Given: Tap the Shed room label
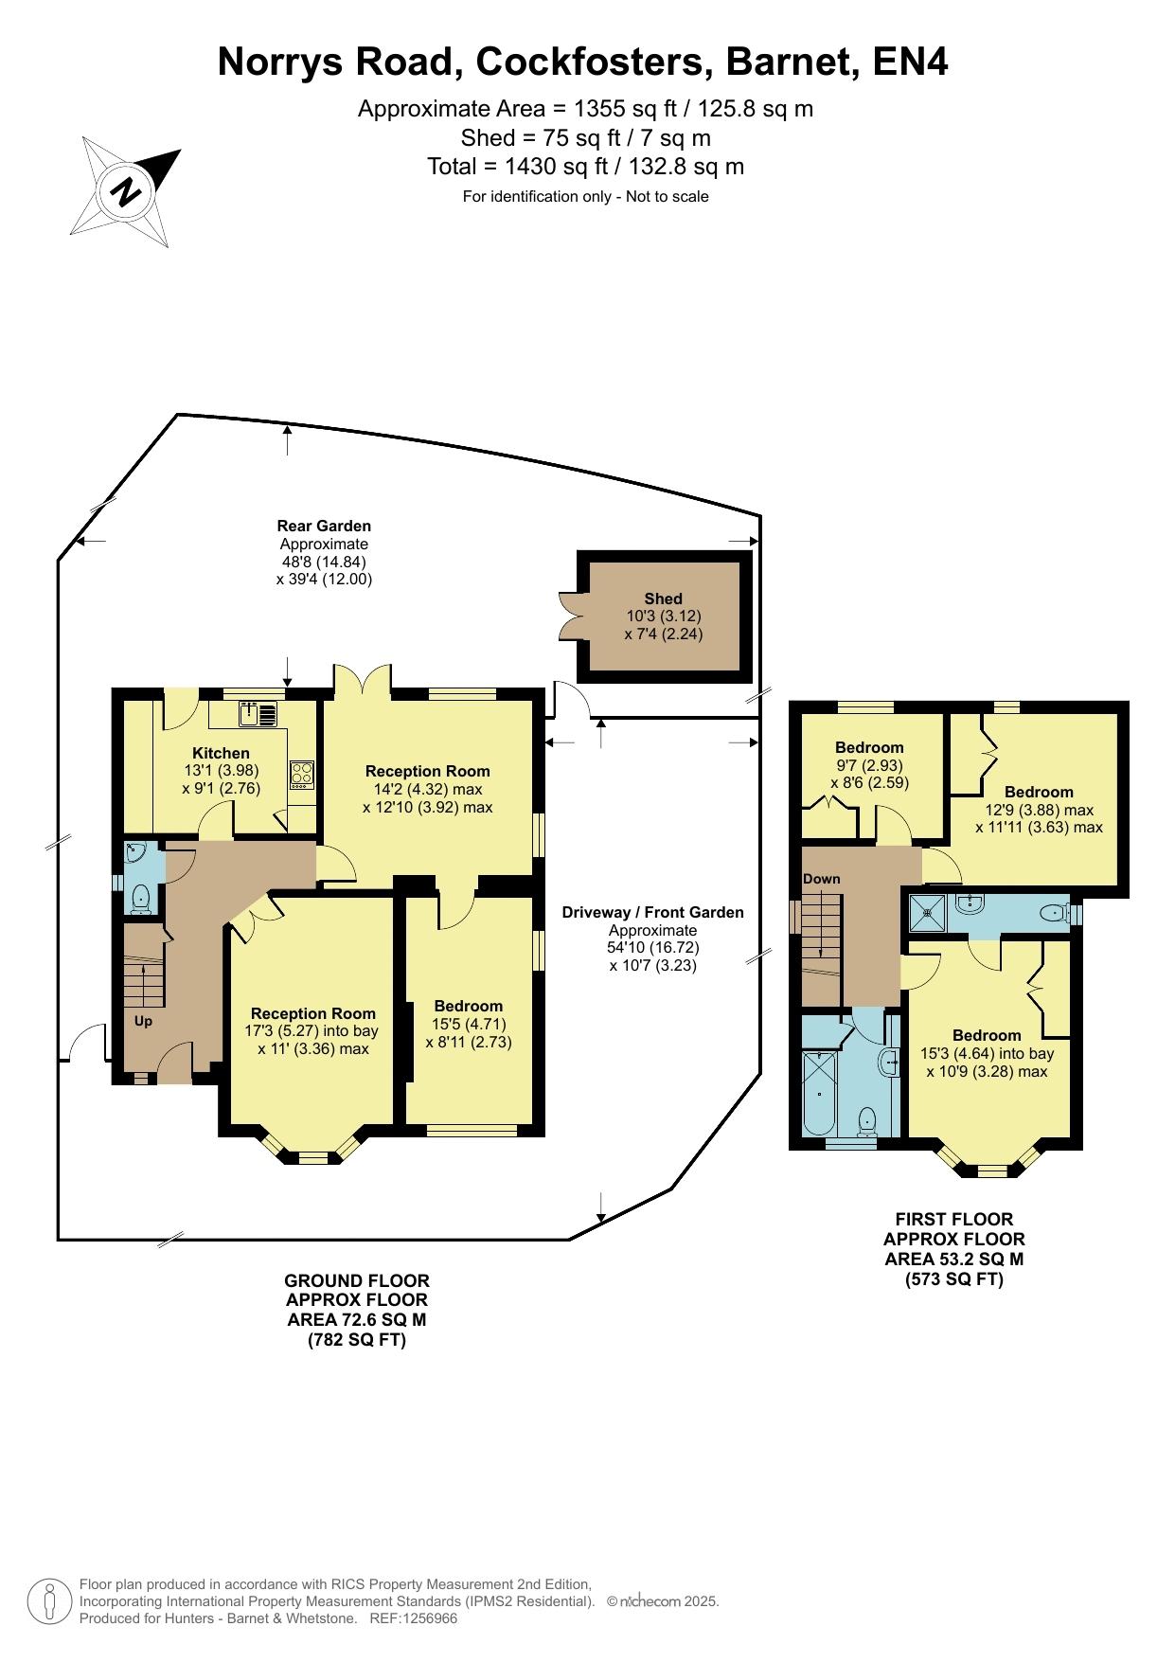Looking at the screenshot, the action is point(663,599).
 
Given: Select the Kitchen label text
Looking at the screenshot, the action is point(221,753).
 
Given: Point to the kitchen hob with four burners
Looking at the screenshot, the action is point(302,774).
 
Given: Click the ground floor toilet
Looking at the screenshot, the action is point(141,897).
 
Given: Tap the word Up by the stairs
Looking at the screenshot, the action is point(143,1021).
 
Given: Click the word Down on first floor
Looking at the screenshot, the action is point(821,879).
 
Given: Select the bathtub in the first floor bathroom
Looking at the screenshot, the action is point(819,1093).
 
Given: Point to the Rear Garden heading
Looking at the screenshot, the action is point(324,526).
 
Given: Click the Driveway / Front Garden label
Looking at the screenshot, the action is point(652,913).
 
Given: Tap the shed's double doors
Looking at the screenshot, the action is point(569,617).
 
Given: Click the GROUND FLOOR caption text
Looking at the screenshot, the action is point(357,1280).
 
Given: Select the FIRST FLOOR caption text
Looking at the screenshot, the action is point(954,1220).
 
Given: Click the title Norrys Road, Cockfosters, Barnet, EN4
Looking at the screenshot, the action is point(582,62).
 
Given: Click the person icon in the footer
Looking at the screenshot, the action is point(49,1601).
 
